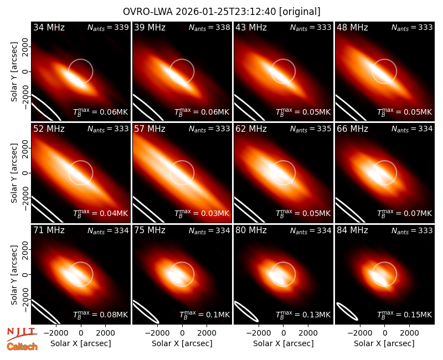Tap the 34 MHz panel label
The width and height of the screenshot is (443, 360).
tap(49, 27)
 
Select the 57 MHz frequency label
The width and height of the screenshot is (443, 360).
tap(150, 129)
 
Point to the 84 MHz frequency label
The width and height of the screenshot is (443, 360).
tap(352, 230)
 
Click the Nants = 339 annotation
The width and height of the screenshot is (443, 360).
tap(108, 27)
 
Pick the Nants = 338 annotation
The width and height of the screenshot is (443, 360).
tap(210, 27)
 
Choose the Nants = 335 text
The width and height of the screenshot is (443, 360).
tap(311, 129)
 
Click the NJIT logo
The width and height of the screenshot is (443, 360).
tap(22, 334)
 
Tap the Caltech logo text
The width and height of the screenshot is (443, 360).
tap(22, 347)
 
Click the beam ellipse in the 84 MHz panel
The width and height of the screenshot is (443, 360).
tap(348, 311)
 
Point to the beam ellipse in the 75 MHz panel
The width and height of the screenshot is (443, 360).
tap(146, 312)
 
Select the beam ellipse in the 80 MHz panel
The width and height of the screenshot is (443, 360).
tap(246, 312)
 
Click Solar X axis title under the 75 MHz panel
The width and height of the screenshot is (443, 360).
tap(182, 343)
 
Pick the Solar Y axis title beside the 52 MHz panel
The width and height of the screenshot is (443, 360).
tap(14, 173)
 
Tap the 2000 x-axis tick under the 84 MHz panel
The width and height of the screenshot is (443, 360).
tap(409, 333)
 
